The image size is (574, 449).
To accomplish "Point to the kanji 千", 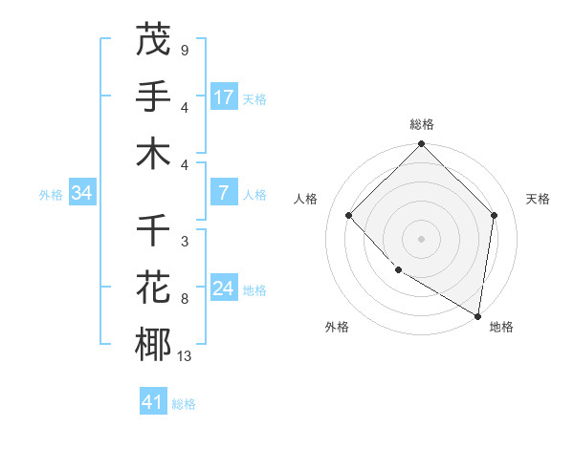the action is (x=153, y=231).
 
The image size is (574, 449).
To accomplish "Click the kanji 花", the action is (x=153, y=288).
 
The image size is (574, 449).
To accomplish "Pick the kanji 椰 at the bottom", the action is (x=153, y=345).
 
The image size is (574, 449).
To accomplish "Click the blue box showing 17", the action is (x=224, y=96).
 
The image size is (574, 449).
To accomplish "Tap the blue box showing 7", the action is (x=224, y=193).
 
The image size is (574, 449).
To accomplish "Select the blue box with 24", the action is (x=224, y=289).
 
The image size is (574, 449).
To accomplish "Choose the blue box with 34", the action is (x=82, y=193).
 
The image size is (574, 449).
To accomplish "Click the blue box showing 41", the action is (x=153, y=402).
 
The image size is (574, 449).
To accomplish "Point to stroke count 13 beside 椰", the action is (x=184, y=356).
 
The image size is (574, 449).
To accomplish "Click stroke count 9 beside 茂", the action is (x=184, y=50).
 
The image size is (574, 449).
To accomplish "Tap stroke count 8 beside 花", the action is (x=184, y=299).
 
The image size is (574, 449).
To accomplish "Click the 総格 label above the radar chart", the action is (x=422, y=124).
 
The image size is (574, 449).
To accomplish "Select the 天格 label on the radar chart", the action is (x=539, y=199).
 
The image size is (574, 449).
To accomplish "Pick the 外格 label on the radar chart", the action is (x=337, y=327).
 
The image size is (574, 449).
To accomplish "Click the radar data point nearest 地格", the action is (x=477, y=315).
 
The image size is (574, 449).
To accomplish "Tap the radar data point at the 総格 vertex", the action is (x=422, y=145).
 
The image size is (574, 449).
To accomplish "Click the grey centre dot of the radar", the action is (x=422, y=238).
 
